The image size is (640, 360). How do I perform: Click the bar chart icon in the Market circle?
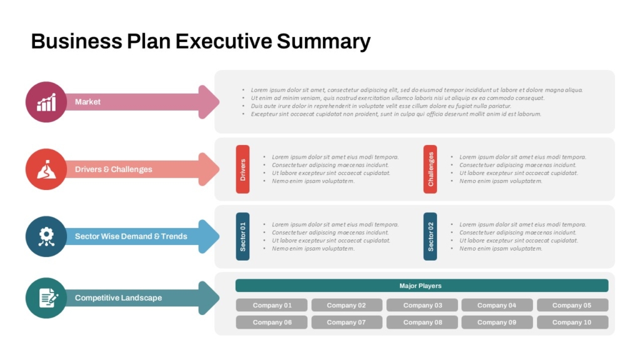(46, 102)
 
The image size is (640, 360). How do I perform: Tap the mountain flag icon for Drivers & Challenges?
(46, 169)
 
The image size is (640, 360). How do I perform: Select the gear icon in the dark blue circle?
(46, 236)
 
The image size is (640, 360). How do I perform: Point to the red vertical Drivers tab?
(242, 169)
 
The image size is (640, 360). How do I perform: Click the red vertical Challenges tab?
(430, 169)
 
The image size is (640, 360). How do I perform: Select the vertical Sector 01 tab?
(242, 236)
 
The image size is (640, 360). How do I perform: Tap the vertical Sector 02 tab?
(430, 236)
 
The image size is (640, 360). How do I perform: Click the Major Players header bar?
(421, 286)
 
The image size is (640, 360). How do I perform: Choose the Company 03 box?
(422, 305)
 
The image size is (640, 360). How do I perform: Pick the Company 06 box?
(271, 322)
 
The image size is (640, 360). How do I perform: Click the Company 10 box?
(572, 322)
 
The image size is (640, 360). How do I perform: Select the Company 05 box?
(572, 305)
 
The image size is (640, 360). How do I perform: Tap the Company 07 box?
(346, 322)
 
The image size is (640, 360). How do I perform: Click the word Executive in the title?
(224, 42)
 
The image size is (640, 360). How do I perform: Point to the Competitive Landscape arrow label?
(118, 297)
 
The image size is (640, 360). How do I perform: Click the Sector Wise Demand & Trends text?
(131, 236)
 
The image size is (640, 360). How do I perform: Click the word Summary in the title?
(324, 42)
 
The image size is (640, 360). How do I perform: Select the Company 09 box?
(497, 322)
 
